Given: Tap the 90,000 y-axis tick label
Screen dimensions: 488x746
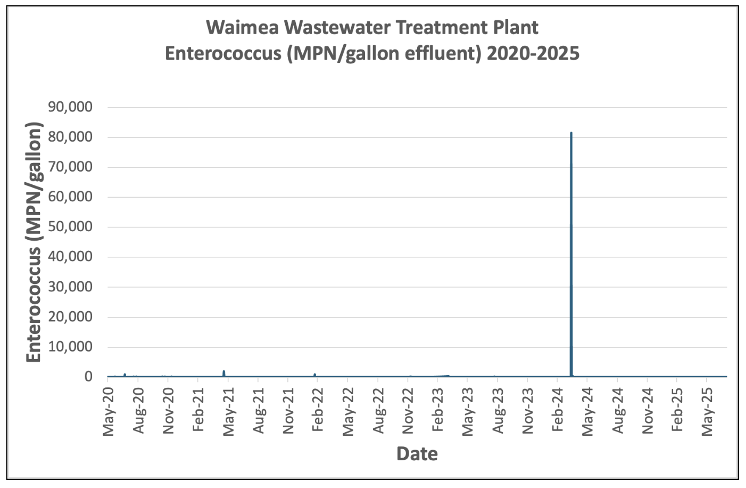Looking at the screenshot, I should click(x=70, y=107).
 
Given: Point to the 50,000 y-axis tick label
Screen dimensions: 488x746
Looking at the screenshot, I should click(x=70, y=227).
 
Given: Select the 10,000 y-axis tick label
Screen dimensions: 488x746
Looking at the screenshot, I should click(x=70, y=347).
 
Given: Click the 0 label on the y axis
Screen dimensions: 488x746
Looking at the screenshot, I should click(x=88, y=377).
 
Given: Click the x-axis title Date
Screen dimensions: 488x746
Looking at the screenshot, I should click(x=417, y=454).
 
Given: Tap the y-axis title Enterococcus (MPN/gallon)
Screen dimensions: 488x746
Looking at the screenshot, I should click(x=34, y=242).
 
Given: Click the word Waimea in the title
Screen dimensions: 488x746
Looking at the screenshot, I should click(x=242, y=27).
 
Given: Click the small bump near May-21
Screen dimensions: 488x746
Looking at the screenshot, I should click(x=224, y=372).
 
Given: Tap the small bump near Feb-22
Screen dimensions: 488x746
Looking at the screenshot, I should click(x=315, y=375).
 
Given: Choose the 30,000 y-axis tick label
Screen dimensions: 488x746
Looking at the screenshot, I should click(x=70, y=287).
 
